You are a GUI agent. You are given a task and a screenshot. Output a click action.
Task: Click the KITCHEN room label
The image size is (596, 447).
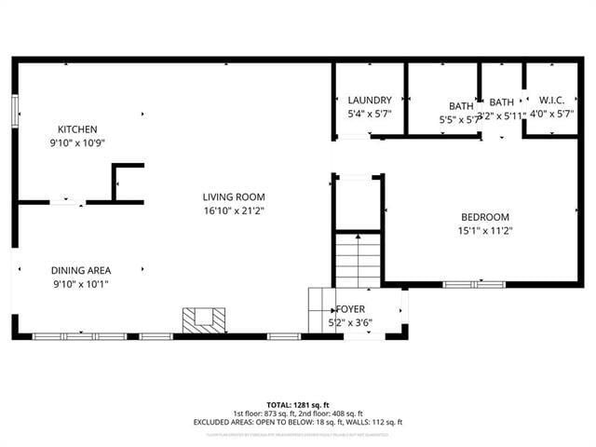77,129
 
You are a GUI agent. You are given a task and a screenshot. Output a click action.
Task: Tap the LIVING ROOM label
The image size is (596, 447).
234,196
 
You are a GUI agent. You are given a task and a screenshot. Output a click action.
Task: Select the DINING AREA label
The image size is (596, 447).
80,270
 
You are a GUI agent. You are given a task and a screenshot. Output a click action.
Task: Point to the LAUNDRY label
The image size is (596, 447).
370,100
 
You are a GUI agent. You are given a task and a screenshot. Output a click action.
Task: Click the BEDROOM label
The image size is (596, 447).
484,217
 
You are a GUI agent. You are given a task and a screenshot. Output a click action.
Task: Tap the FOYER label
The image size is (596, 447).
352,308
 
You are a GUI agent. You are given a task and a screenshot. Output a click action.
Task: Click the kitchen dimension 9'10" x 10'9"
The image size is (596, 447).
77,143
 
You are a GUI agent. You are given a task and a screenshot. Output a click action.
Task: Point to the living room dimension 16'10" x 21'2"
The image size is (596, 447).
234,210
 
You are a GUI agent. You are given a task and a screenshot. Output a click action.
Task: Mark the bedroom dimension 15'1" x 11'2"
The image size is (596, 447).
484,231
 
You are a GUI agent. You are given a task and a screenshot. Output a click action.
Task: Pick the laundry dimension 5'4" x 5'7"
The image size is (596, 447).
370,114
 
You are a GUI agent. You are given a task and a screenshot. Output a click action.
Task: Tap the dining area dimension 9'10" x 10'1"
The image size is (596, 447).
80,284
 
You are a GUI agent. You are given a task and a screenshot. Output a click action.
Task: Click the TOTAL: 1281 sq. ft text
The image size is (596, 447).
297,405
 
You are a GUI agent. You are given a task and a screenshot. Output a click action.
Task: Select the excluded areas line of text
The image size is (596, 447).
297,422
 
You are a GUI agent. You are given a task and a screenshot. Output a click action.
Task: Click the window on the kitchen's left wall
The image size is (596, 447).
15,110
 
